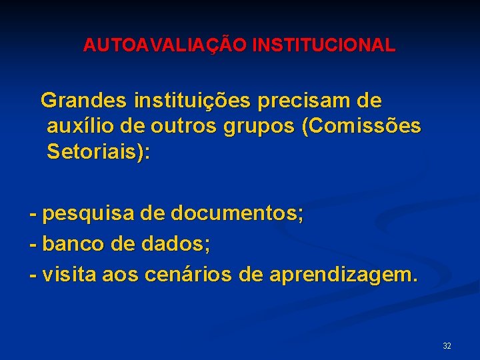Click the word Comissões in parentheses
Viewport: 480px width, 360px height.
(364, 127)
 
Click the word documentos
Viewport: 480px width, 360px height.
(237, 214)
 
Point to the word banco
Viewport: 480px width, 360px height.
(73, 244)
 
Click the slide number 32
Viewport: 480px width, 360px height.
(447, 346)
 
